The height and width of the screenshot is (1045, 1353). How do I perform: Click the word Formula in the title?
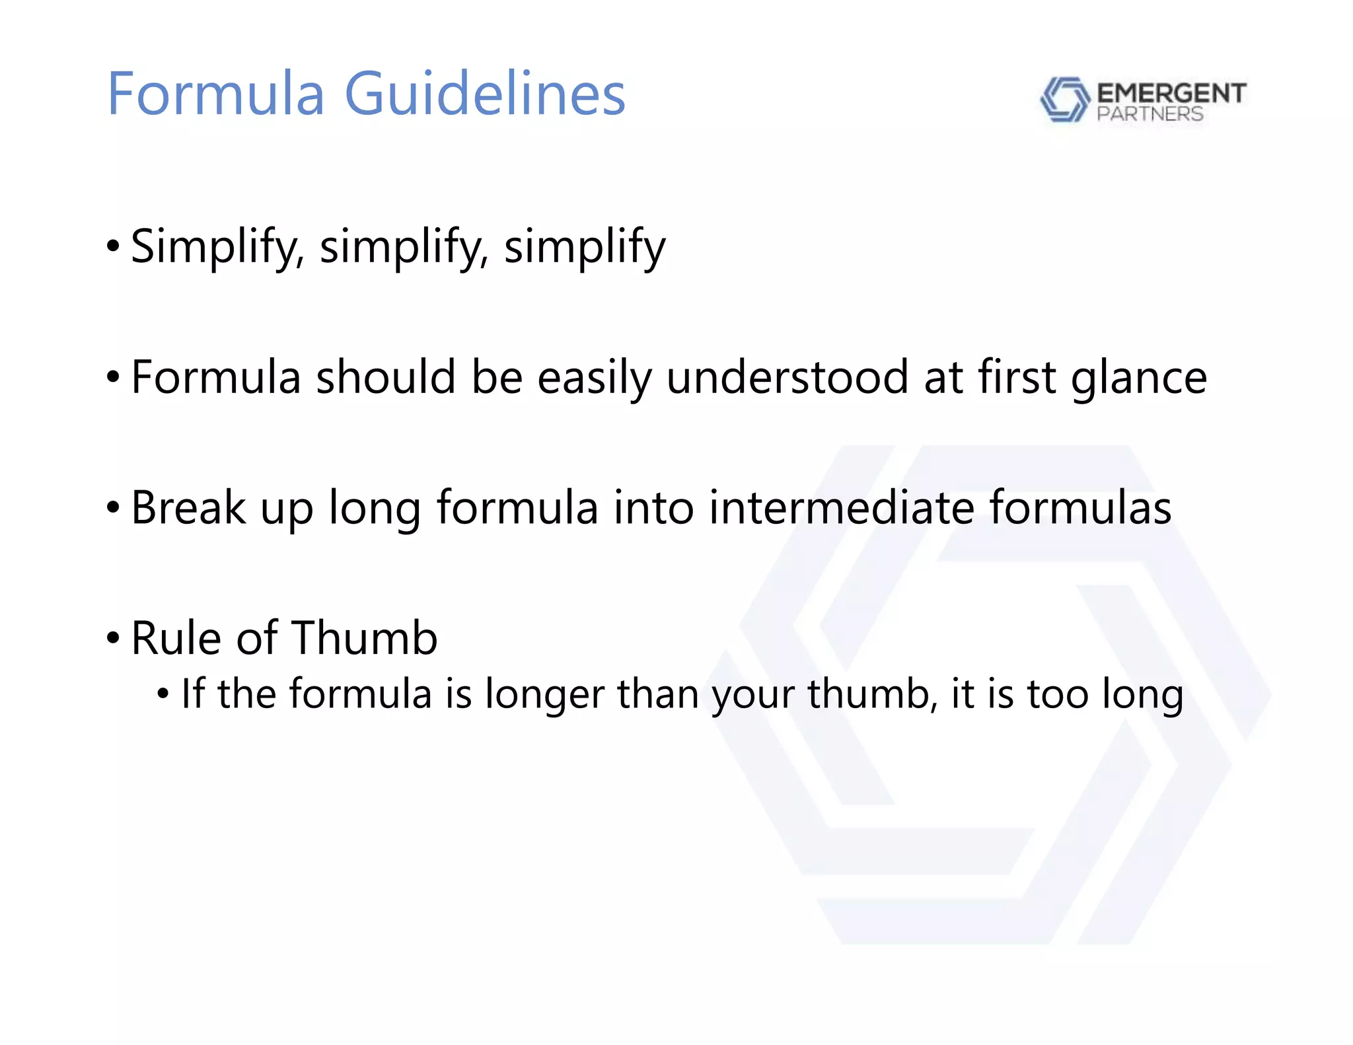[x=216, y=94]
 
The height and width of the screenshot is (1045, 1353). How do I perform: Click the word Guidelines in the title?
[x=485, y=94]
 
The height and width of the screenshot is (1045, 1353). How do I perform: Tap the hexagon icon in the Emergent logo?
[x=1064, y=99]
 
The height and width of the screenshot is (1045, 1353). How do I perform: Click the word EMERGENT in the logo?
[x=1171, y=93]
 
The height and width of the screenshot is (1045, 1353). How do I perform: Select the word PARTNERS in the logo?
[x=1150, y=114]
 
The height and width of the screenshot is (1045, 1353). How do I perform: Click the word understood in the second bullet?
[x=787, y=377]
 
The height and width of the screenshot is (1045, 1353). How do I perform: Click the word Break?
[x=188, y=507]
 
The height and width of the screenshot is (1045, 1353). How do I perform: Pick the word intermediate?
[x=841, y=507]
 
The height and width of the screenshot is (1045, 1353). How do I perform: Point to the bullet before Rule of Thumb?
[x=113, y=639]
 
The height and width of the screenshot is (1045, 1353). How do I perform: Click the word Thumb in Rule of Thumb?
[x=364, y=638]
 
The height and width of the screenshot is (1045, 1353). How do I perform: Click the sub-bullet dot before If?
[x=163, y=694]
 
